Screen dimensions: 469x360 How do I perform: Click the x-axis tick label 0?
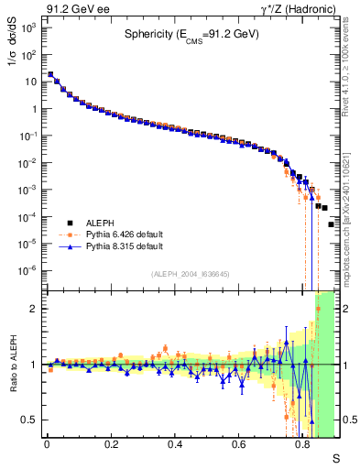coord(48,443)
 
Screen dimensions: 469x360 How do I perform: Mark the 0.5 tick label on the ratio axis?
coord(29,420)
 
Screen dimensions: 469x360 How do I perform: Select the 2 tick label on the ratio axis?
coord(34,309)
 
